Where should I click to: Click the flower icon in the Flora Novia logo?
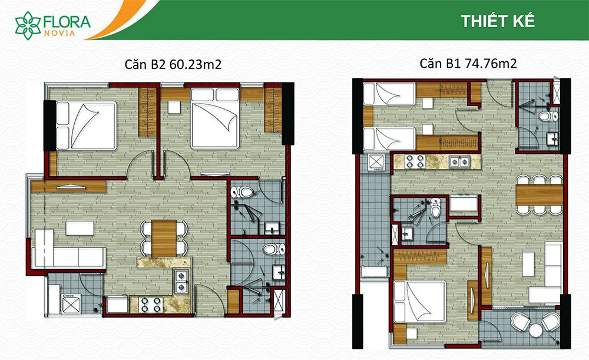click(28, 25)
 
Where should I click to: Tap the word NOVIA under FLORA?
click(59, 33)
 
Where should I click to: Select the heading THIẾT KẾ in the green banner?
click(498, 21)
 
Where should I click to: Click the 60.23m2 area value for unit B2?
click(196, 64)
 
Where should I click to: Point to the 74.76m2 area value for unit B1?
click(491, 63)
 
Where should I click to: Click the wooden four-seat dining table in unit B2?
click(164, 238)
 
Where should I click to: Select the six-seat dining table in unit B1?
click(540, 195)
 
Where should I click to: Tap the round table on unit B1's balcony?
click(535, 331)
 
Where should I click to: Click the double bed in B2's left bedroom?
click(86, 126)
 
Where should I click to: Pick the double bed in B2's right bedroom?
click(215, 118)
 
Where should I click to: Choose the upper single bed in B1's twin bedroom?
click(389, 94)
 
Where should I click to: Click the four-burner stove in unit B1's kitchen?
click(415, 161)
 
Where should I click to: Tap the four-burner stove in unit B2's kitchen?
click(151, 305)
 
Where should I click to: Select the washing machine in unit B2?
click(71, 303)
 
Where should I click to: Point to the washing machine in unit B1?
click(376, 163)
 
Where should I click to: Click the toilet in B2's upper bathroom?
click(243, 193)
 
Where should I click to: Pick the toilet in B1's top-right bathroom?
click(548, 115)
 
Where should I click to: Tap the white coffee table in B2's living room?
click(80, 229)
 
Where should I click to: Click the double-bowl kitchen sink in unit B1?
click(460, 161)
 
